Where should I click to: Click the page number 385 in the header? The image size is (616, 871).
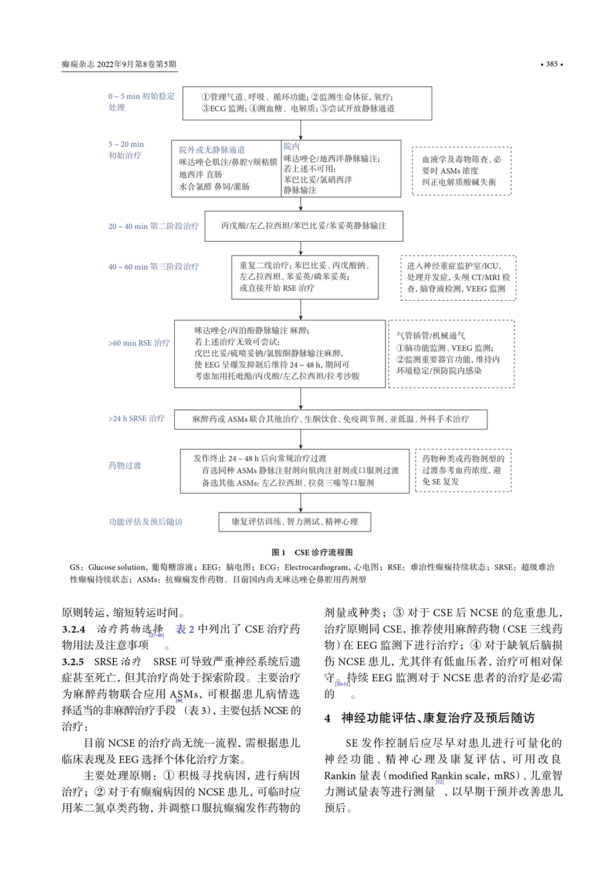point(551,64)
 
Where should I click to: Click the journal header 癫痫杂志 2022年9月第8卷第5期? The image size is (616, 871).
point(119,64)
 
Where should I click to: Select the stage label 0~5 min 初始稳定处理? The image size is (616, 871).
point(141,101)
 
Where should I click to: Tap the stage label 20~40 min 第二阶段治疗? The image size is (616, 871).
point(154,226)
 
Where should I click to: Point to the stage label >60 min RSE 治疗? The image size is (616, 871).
point(139,343)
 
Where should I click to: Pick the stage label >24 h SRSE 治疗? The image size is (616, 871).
point(137,418)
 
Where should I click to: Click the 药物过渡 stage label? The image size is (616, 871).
point(125,465)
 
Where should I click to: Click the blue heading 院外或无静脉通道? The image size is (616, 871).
point(212,150)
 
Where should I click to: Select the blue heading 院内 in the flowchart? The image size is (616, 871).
point(292,146)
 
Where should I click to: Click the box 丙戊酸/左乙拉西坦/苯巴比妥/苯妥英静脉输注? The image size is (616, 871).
point(303,226)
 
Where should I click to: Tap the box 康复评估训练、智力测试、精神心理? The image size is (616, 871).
point(295,521)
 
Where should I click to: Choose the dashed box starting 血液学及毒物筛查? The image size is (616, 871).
point(462,171)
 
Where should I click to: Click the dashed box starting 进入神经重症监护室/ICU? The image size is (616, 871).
point(458,277)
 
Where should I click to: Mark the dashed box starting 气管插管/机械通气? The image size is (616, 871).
point(451,353)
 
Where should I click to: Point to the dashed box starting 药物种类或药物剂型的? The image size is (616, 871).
point(463,470)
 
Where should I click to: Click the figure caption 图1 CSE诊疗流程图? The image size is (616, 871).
point(312,552)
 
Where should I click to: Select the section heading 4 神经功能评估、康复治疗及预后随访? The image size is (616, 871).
point(429,717)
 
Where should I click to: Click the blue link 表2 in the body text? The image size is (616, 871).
point(185,629)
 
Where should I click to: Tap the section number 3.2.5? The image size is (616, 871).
point(73,662)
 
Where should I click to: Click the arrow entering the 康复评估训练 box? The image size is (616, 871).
point(301,504)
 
